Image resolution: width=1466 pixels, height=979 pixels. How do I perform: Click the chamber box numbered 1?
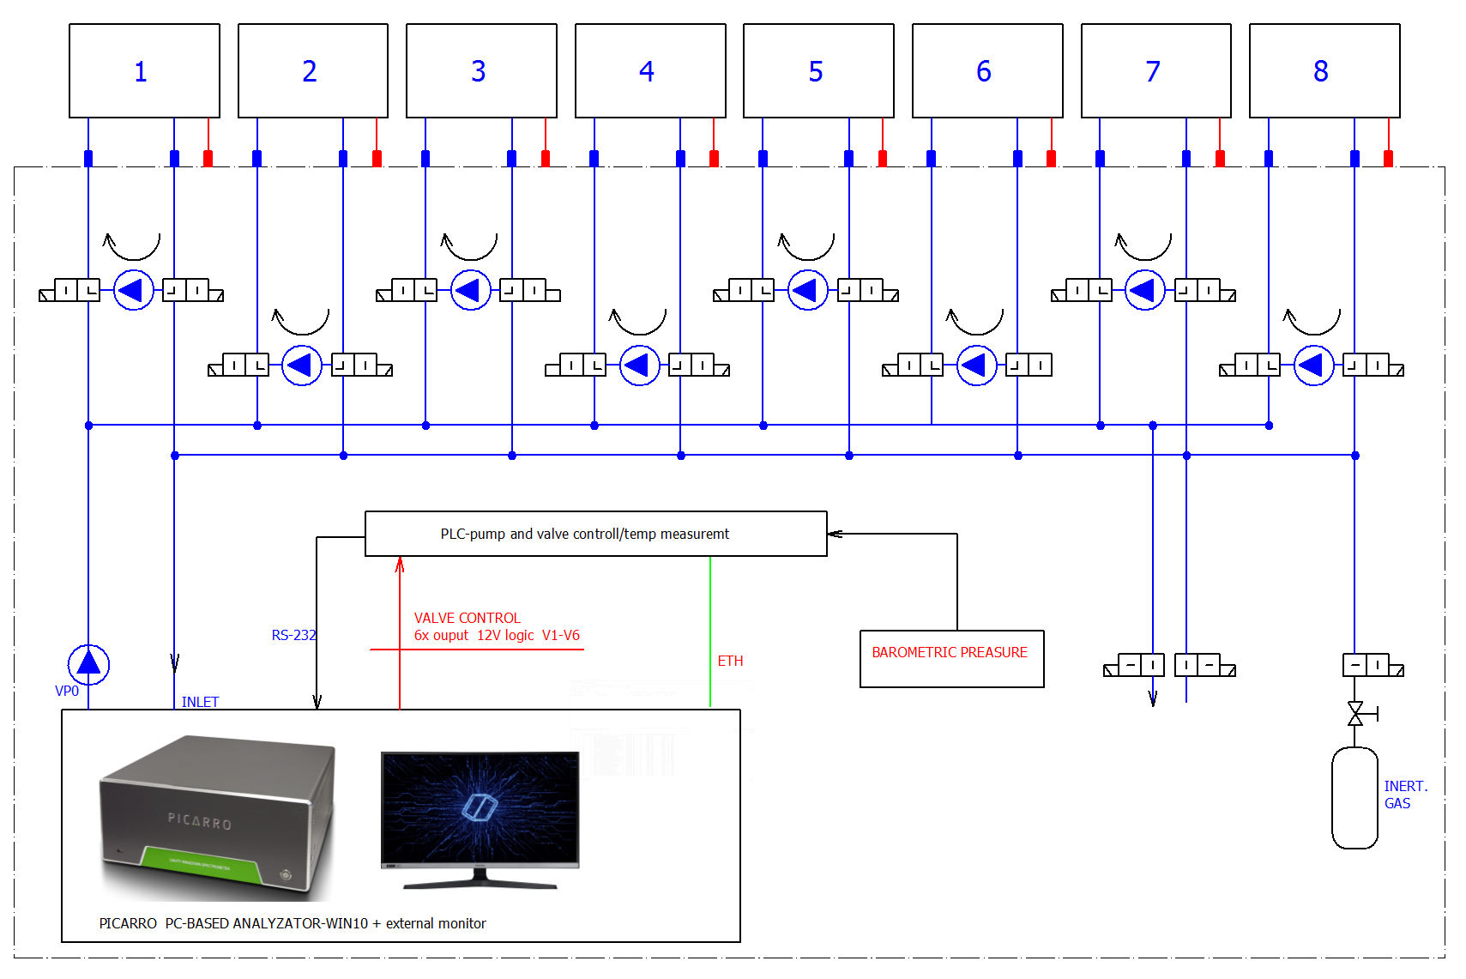[x=144, y=70]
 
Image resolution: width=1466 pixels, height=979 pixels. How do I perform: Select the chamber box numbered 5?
[x=818, y=70]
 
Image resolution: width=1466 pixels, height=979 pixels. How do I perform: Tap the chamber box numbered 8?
[x=1324, y=70]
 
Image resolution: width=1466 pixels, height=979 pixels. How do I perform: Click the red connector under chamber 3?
[x=546, y=158]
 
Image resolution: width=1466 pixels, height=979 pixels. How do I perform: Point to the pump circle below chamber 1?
[x=133, y=290]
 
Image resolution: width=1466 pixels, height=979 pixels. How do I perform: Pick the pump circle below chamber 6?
[x=976, y=366]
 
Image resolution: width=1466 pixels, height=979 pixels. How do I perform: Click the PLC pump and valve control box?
[x=595, y=534]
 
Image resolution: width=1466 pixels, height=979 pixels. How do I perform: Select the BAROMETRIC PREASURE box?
[x=951, y=658]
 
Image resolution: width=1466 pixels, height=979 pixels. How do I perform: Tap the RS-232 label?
[x=293, y=635]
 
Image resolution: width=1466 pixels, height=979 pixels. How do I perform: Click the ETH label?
[x=730, y=661]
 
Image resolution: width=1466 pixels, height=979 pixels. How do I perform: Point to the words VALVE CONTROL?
[x=467, y=618]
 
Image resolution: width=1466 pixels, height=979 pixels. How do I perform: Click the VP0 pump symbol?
[x=88, y=664]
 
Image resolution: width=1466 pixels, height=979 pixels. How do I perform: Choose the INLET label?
[x=200, y=702]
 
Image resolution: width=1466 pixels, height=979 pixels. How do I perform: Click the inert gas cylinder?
[x=1354, y=797]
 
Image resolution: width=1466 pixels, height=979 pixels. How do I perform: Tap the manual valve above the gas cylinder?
[x=1355, y=713]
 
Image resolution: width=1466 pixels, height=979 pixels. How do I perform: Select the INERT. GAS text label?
[x=1404, y=795]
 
